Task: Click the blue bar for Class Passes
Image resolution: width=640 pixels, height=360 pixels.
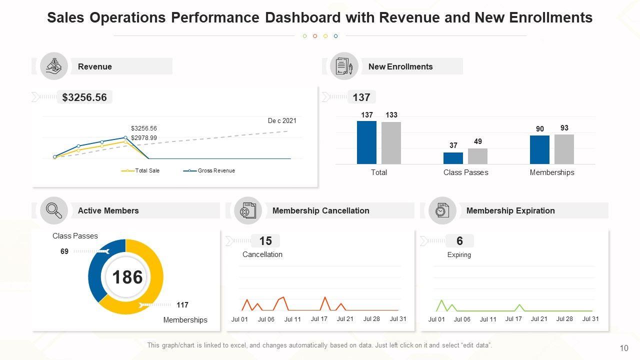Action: tap(453, 158)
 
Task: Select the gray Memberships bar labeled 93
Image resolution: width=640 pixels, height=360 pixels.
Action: tap(564, 149)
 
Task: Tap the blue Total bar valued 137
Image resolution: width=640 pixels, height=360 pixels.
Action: tap(366, 142)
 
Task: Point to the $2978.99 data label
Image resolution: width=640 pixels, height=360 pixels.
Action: tap(144, 138)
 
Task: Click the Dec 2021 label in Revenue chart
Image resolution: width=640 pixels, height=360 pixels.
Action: tap(282, 120)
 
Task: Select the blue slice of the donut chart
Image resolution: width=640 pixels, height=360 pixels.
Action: tap(100, 267)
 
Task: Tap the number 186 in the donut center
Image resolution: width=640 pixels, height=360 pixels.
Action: tap(127, 277)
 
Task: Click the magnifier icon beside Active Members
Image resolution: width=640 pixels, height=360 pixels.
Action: tap(54, 210)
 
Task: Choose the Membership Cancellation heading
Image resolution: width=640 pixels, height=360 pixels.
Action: tap(320, 210)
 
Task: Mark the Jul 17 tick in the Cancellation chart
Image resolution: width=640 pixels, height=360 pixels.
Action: tap(318, 319)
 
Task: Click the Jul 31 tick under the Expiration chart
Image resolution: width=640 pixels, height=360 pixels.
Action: tap(590, 319)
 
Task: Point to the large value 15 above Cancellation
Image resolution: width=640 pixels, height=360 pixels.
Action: tap(265, 241)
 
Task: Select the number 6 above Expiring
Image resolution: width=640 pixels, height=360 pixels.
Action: tap(459, 241)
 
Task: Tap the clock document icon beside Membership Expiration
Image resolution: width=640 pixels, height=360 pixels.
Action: tap(442, 210)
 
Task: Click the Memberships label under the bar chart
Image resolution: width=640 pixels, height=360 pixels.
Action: tap(552, 172)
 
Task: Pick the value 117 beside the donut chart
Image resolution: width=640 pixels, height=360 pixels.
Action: tap(182, 305)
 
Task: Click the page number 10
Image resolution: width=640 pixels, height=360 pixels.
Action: tap(623, 348)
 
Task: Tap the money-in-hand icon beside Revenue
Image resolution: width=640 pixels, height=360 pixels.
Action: tap(54, 66)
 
